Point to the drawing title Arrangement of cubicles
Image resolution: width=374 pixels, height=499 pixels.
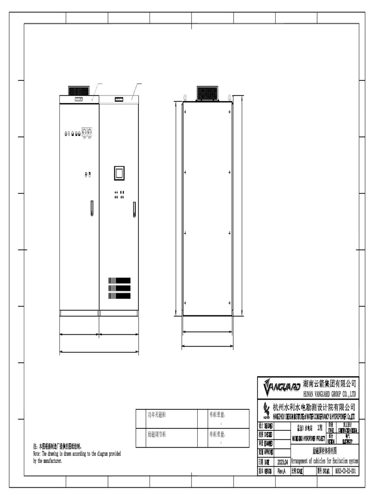pyautogui.click(x=324, y=461)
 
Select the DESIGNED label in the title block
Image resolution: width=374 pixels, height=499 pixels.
pyautogui.click(x=266, y=425)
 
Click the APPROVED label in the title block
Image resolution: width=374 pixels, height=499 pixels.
pyautogui.click(x=266, y=452)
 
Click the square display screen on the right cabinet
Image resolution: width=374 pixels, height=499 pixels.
pyautogui.click(x=119, y=173)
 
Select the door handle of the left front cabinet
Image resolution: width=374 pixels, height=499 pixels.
pyautogui.click(x=91, y=208)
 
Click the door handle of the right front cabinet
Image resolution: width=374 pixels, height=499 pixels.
pyautogui.click(x=134, y=209)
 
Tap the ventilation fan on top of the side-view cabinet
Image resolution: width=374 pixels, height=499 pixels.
pyautogui.click(x=207, y=93)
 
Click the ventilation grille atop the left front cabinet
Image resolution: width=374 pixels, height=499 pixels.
pyautogui.click(x=78, y=91)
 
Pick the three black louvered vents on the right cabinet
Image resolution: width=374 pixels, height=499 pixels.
pyautogui.click(x=119, y=288)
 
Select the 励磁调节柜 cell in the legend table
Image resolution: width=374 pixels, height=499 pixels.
pyautogui.click(x=166, y=434)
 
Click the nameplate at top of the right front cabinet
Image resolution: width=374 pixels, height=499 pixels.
pyautogui.click(x=118, y=99)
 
